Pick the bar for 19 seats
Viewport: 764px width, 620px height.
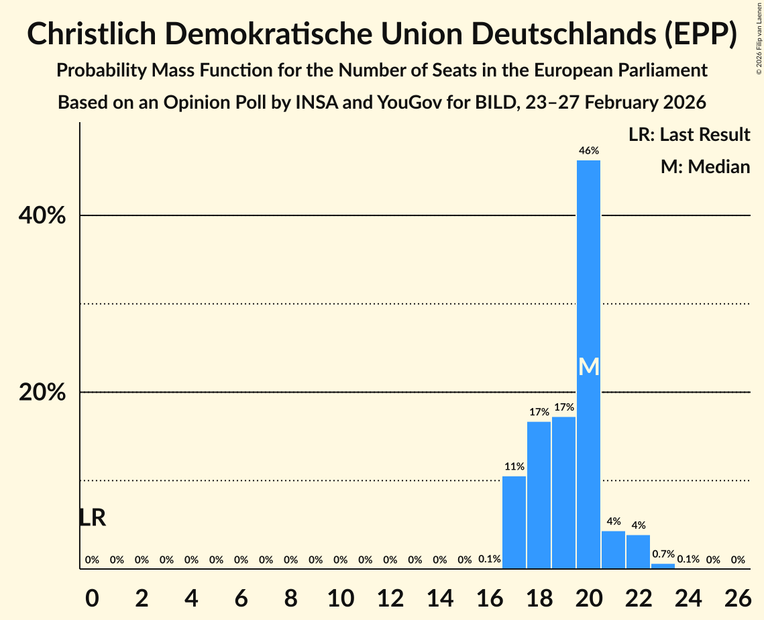(x=564, y=493)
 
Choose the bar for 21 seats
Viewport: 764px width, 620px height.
(x=614, y=550)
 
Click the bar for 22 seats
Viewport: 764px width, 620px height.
(x=639, y=552)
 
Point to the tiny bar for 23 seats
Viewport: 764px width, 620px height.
(x=663, y=566)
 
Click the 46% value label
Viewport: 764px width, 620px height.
(x=589, y=151)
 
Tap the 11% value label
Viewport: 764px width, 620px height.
(x=514, y=466)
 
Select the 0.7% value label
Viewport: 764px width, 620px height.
(x=663, y=554)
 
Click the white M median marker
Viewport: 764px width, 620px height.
(x=589, y=366)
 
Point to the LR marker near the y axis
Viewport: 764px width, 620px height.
(x=92, y=517)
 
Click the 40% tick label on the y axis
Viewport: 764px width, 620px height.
(x=42, y=216)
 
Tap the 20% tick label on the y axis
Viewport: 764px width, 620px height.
(x=42, y=393)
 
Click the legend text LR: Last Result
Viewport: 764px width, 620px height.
(x=689, y=135)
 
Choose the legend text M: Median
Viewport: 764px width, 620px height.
(x=705, y=166)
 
